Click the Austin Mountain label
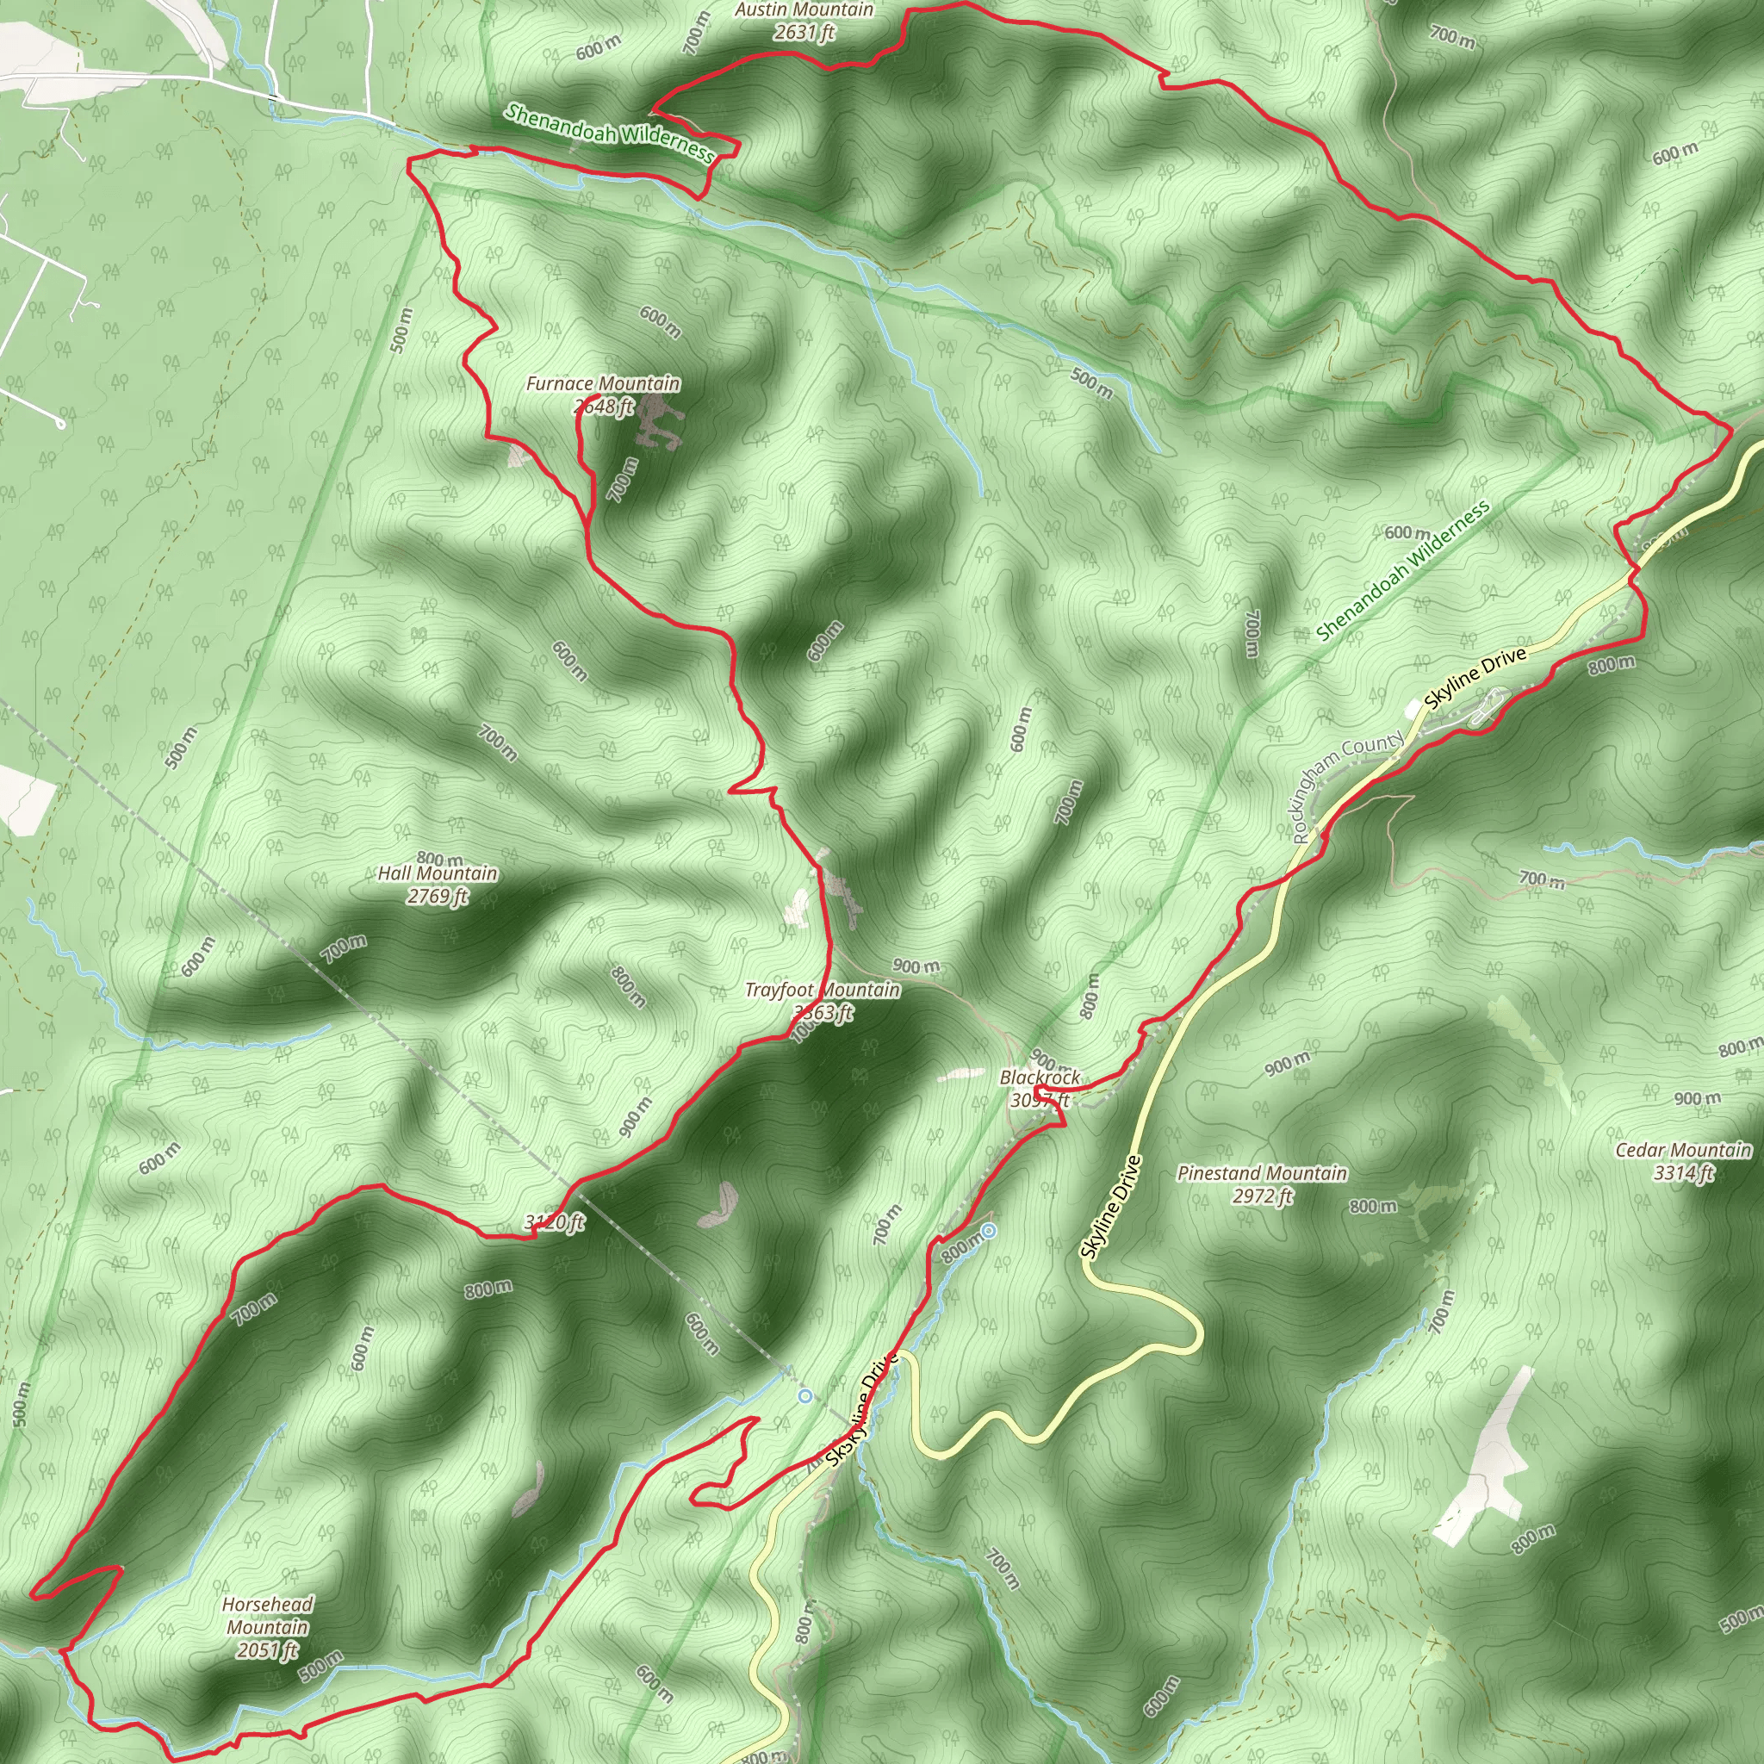[x=804, y=10]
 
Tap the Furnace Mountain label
[x=603, y=384]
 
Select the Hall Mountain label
[x=438, y=873]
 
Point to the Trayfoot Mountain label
[x=822, y=991]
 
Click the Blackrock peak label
[x=1040, y=1078]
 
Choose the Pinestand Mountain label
[x=1262, y=1173]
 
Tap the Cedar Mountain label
[x=1683, y=1151]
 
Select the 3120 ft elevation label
[x=554, y=1222]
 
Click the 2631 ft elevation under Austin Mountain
[x=804, y=33]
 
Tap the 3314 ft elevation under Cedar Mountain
[x=1683, y=1172]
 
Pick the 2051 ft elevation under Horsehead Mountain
[x=268, y=1649]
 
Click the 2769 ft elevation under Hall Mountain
[x=438, y=897]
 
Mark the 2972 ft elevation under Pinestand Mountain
[x=1262, y=1196]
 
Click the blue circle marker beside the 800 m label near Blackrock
[x=989, y=1231]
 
